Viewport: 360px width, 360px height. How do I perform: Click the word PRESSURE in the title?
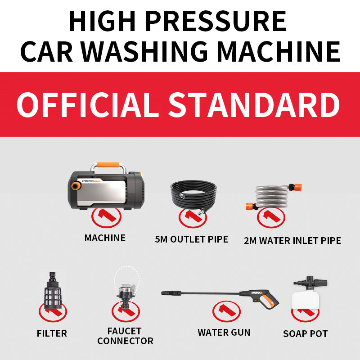(216, 21)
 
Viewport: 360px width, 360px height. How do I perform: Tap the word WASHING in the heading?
(144, 51)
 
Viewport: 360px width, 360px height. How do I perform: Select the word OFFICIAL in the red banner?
(88, 105)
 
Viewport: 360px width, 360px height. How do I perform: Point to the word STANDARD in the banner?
(254, 105)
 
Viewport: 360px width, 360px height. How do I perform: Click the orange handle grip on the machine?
(108, 165)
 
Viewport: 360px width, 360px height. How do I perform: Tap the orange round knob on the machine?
(76, 185)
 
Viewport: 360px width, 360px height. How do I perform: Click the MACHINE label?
(105, 238)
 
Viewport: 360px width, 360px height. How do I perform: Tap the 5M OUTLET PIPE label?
(192, 239)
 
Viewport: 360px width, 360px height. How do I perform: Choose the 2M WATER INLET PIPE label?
(292, 241)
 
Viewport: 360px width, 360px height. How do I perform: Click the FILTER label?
(52, 333)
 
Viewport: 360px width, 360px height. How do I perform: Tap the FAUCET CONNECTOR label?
(126, 336)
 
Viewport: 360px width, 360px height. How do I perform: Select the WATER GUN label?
(224, 332)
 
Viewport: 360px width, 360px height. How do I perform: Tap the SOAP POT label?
(306, 333)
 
